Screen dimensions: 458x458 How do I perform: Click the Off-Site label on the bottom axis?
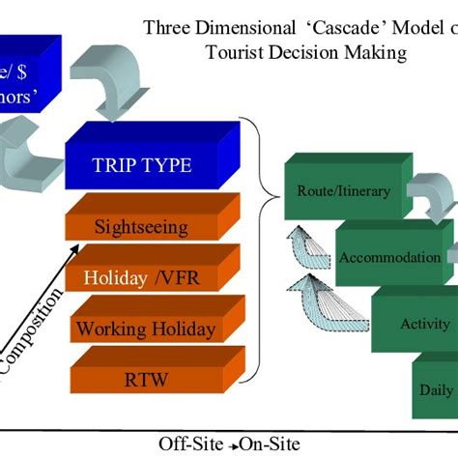click(x=187, y=443)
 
